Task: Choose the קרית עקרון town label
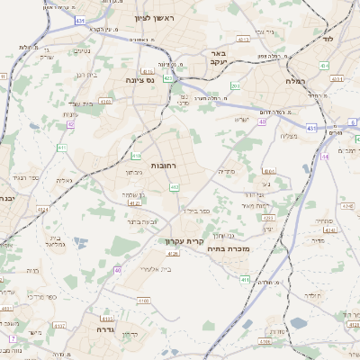(x=184, y=241)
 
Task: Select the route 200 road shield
(x=235, y=86)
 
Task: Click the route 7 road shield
(x=13, y=338)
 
